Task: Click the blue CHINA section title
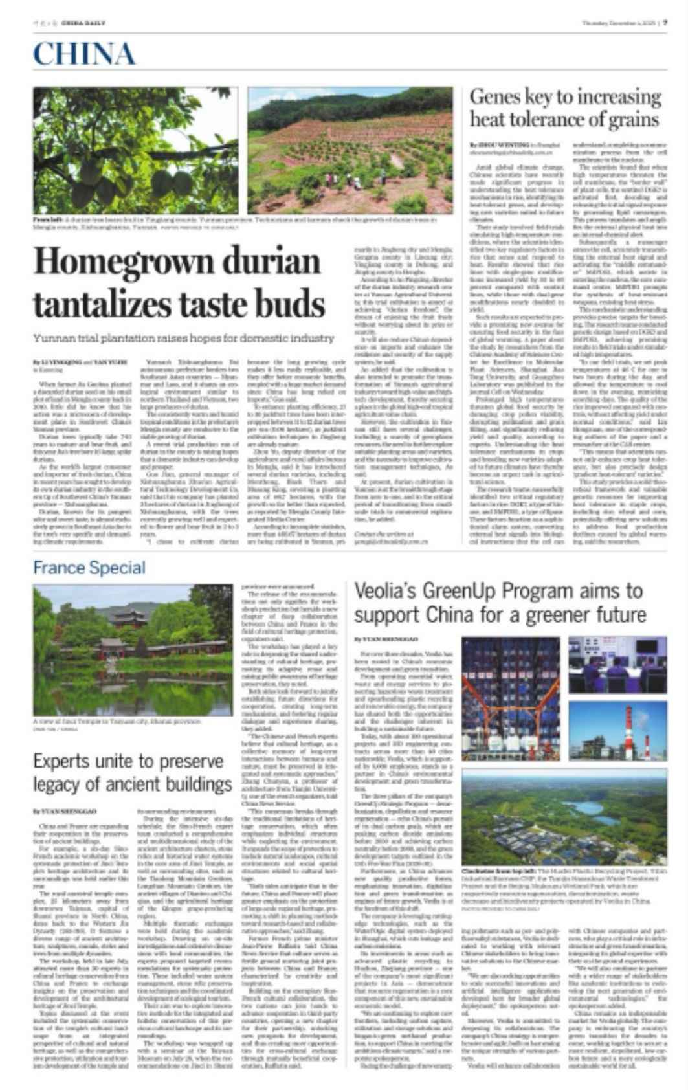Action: (x=84, y=54)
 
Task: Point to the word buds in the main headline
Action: (x=291, y=304)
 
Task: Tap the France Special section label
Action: (x=89, y=568)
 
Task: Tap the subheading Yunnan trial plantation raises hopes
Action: (x=184, y=338)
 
